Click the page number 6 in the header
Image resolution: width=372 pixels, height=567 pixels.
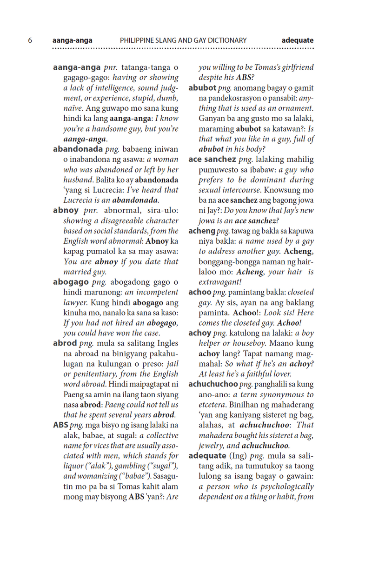[30, 40]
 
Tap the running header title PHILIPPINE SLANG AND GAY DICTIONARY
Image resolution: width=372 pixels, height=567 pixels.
[183, 40]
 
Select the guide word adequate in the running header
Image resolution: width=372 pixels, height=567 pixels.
[297, 40]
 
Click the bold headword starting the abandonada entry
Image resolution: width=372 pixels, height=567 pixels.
[78, 149]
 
